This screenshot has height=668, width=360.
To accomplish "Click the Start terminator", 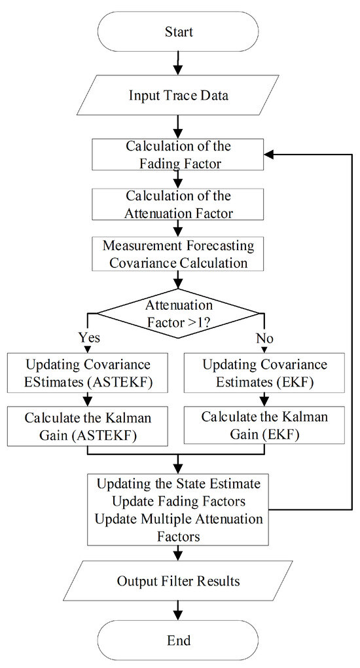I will coord(178,30).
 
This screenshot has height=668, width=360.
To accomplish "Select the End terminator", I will coord(178,639).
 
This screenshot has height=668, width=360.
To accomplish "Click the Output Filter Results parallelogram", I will coord(178,581).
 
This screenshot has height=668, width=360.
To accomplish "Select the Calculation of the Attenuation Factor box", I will coord(178,204).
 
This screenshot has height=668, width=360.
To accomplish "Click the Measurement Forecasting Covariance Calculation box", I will coord(178,253).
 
